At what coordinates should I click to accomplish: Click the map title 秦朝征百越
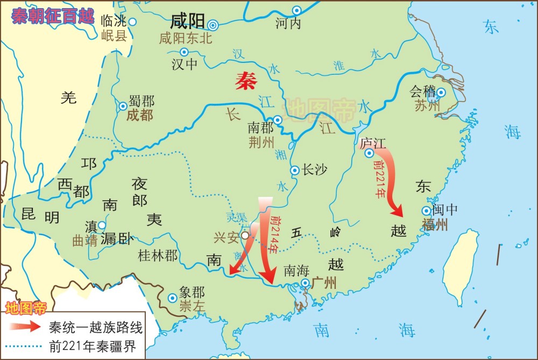tap(53, 15)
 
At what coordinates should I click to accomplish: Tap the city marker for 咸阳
tap(214, 24)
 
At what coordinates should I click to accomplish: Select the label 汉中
tap(185, 65)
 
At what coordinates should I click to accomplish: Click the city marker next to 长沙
tap(295, 170)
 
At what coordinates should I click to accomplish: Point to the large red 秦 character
tap(246, 81)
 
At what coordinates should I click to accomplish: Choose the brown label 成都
tap(140, 115)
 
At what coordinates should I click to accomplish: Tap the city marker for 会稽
tap(441, 92)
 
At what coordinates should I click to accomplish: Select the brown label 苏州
tap(427, 105)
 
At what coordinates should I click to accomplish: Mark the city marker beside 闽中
tap(426, 210)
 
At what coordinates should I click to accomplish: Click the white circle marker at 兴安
tap(245, 235)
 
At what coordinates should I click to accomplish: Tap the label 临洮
tap(114, 22)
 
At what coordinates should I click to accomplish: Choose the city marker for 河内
tap(297, 10)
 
